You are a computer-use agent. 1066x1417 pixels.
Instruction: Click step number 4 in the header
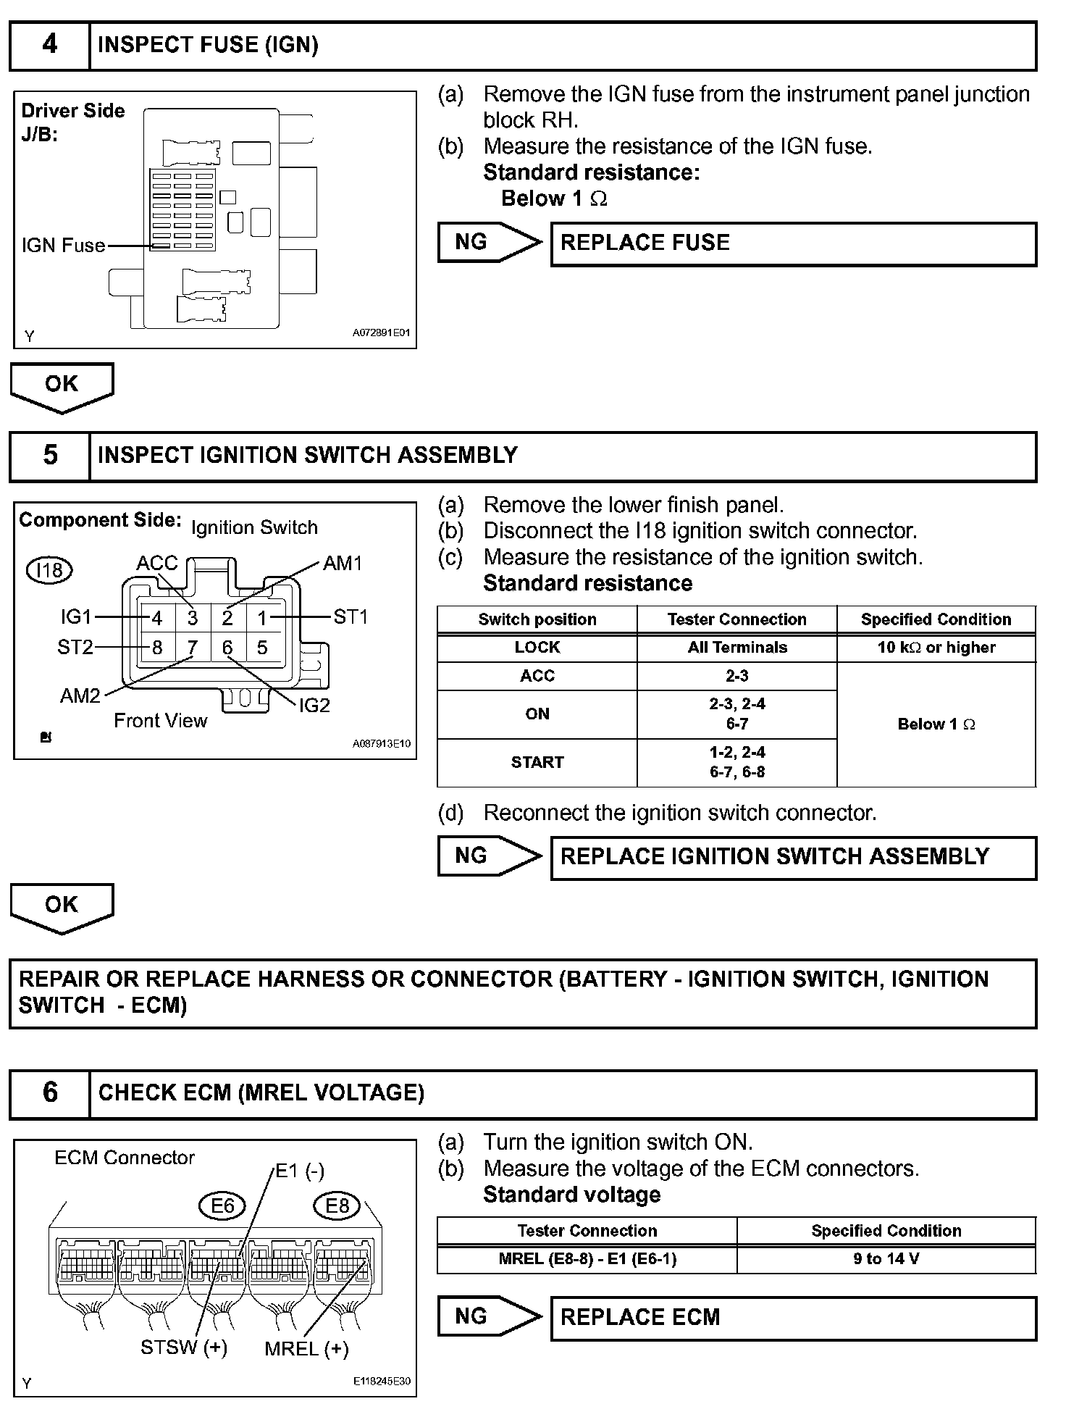pyautogui.click(x=49, y=45)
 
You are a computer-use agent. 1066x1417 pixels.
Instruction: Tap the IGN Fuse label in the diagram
pyautogui.click(x=64, y=246)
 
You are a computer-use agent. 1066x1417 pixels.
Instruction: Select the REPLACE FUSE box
pyautogui.click(x=793, y=243)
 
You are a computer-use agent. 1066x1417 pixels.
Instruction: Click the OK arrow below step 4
pyautogui.click(x=62, y=385)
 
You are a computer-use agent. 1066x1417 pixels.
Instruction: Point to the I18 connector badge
pyautogui.click(x=49, y=570)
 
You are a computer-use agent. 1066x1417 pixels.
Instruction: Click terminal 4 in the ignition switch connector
pyautogui.click(x=157, y=618)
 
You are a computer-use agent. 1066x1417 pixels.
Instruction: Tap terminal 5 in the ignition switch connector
pyautogui.click(x=262, y=647)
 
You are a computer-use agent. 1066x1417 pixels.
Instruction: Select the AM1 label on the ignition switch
pyautogui.click(x=343, y=563)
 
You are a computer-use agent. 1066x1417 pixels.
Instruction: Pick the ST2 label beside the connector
pyautogui.click(x=75, y=647)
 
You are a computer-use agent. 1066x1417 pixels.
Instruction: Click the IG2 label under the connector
pyautogui.click(x=314, y=705)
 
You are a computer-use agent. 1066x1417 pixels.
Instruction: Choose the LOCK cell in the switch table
pyautogui.click(x=537, y=648)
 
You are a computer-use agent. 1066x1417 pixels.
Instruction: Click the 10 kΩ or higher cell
pyautogui.click(x=936, y=648)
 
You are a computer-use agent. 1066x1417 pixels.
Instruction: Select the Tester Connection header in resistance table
pyautogui.click(x=736, y=619)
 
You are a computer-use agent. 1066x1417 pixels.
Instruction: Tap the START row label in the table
pyautogui.click(x=537, y=762)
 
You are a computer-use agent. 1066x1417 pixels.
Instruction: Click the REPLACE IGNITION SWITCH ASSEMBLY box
pyautogui.click(x=793, y=857)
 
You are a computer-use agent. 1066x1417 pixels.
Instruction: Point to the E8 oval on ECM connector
pyautogui.click(x=337, y=1205)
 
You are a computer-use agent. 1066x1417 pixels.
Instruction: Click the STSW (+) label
pyautogui.click(x=184, y=1347)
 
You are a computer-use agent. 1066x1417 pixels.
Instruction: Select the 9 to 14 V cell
pyautogui.click(x=886, y=1258)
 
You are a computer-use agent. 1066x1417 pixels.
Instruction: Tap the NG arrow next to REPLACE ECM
pyautogui.click(x=487, y=1316)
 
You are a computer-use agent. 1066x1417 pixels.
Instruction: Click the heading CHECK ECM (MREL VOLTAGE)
pyautogui.click(x=261, y=1093)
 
